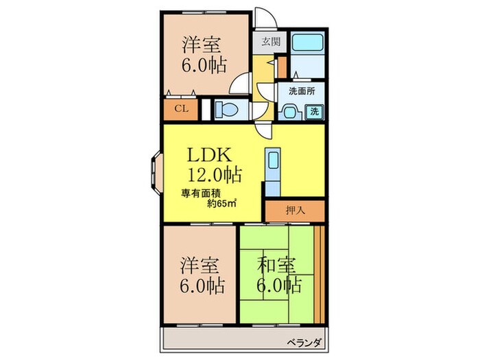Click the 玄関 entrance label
[267, 40]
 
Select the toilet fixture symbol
[224, 108]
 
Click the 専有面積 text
[200, 193]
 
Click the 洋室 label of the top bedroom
[201, 45]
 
